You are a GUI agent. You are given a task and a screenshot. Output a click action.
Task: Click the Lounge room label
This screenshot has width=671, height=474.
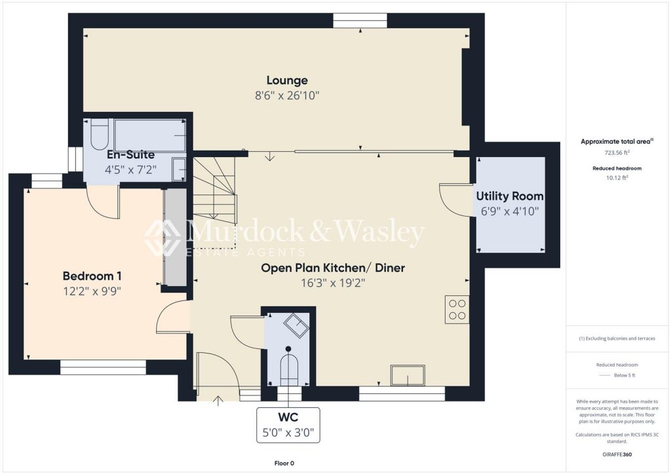click(287, 81)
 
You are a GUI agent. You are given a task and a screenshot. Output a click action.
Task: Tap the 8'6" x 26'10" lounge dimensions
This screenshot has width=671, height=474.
click(287, 96)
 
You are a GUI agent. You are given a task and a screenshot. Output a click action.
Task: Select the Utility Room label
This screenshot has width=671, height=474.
click(510, 196)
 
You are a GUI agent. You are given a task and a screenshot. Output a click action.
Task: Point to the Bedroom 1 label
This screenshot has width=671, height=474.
click(92, 276)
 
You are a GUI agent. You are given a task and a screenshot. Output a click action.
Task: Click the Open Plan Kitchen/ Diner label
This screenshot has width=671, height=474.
click(333, 268)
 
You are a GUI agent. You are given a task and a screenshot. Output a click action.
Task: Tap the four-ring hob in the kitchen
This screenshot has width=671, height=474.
click(457, 310)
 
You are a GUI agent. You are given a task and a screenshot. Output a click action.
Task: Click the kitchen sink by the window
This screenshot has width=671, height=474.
click(408, 375)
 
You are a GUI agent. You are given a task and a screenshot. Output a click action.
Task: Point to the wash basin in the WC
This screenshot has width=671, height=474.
click(297, 325)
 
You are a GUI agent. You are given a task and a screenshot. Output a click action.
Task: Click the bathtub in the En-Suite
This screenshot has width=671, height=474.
click(150, 136)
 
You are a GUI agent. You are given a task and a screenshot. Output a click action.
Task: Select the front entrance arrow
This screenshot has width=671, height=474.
click(218, 401)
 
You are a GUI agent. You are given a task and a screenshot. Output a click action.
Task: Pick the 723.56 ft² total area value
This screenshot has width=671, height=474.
click(617, 152)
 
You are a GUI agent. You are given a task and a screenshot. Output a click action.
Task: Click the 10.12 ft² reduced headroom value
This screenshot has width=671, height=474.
click(617, 177)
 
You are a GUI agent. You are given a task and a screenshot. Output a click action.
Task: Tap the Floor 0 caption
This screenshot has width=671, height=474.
click(284, 463)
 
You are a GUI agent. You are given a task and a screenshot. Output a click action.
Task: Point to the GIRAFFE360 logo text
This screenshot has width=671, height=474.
click(617, 454)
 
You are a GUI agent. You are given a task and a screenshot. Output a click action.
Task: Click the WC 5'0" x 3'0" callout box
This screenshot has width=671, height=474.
click(288, 426)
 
